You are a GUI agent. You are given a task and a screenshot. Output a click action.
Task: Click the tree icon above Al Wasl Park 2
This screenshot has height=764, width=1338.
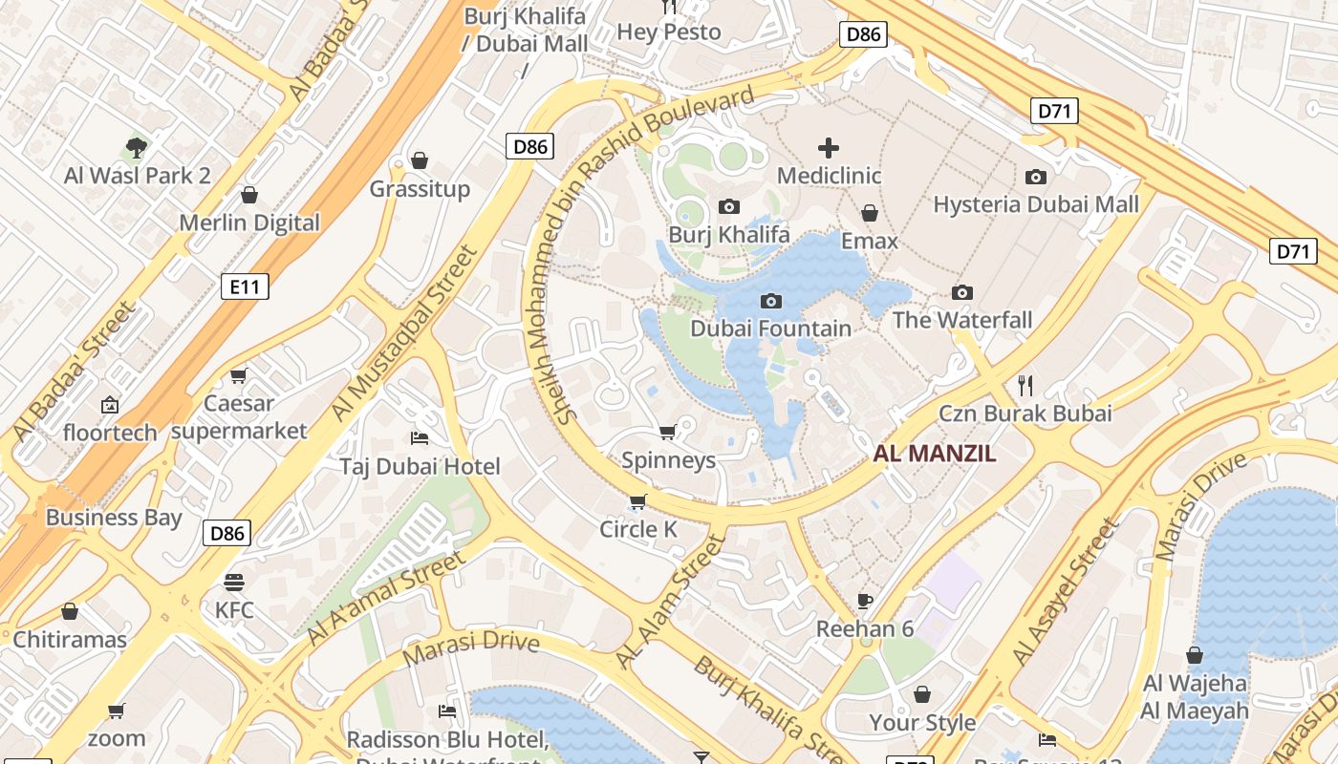137,147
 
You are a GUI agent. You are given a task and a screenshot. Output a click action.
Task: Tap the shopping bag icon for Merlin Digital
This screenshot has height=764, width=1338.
249,195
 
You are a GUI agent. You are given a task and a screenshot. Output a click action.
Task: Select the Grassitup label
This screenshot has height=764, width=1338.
420,188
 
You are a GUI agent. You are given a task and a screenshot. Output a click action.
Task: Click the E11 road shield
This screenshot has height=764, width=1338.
245,286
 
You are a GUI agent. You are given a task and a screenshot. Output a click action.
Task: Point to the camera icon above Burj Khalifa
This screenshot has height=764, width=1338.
729,206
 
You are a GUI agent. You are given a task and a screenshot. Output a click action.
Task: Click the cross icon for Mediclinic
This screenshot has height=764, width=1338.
829,147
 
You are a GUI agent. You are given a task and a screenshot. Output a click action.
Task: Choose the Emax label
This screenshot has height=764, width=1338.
870,241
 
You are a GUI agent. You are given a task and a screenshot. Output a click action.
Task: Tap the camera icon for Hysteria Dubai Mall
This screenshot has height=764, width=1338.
1035,177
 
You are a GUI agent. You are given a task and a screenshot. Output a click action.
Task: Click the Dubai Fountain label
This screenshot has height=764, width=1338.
770,329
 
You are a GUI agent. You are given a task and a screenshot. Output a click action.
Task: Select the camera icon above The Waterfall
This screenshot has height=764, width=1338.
962,292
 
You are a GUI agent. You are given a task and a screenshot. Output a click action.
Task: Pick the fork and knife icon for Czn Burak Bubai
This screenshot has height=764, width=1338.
1025,386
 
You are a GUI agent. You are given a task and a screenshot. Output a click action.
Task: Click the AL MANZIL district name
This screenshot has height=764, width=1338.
935,454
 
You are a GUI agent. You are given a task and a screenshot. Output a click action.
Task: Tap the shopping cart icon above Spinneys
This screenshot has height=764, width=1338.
668,432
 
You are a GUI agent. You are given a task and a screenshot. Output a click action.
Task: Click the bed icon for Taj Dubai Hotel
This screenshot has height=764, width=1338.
420,438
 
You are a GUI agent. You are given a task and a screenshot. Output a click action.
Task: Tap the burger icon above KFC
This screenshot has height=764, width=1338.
234,582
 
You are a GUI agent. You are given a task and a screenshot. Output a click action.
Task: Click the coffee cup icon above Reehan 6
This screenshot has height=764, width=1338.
865,601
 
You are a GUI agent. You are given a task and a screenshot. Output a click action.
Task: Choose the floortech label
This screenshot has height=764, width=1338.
110,433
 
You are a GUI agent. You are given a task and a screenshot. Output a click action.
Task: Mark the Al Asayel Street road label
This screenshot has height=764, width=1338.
1066,593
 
